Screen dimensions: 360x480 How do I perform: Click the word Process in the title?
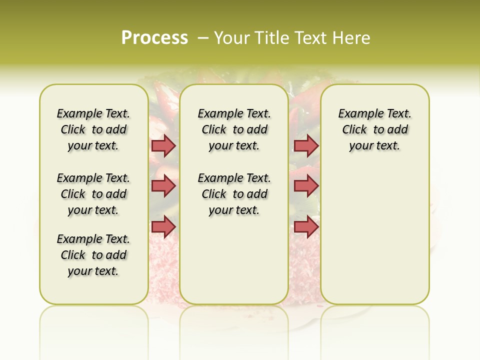point(154,38)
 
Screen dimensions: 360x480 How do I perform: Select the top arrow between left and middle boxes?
point(163,146)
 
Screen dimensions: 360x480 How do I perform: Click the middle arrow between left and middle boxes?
point(163,186)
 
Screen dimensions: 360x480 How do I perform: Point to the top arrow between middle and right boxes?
point(306,146)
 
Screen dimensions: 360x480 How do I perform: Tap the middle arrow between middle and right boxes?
point(306,186)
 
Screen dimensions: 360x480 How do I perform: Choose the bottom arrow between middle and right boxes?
point(306,227)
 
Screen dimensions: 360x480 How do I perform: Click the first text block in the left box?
point(93,129)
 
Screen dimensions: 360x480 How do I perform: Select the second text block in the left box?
point(93,194)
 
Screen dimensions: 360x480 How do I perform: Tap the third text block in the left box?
point(93,255)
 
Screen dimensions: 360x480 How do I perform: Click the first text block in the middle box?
point(234,129)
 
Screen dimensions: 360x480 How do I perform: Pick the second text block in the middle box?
point(234,194)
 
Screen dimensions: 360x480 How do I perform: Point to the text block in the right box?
point(374,129)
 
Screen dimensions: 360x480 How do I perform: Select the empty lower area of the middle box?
point(234,260)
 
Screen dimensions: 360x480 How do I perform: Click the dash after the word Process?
point(203,38)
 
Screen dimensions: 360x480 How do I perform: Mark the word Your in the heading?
point(232,38)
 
